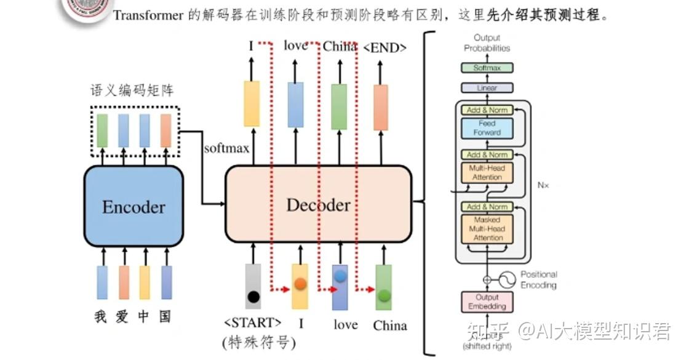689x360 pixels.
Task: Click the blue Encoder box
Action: point(133,206)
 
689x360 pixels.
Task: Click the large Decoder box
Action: point(318,205)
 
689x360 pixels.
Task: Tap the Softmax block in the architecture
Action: point(487,68)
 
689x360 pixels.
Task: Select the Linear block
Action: point(487,88)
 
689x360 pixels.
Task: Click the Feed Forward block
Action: point(487,128)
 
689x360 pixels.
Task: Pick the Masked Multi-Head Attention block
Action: point(487,228)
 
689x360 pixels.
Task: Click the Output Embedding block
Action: point(487,302)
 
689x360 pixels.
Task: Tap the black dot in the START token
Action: point(253,297)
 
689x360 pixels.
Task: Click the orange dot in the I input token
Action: point(300,284)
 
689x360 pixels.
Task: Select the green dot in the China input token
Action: point(384,295)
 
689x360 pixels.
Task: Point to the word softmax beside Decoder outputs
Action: point(226,148)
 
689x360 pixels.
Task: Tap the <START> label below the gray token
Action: point(253,323)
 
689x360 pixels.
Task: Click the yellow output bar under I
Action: point(252,103)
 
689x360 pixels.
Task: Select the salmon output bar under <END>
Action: point(381,107)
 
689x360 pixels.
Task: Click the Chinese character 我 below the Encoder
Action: point(101,317)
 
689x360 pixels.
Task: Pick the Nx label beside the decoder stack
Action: point(543,184)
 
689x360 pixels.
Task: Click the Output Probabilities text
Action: point(487,43)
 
